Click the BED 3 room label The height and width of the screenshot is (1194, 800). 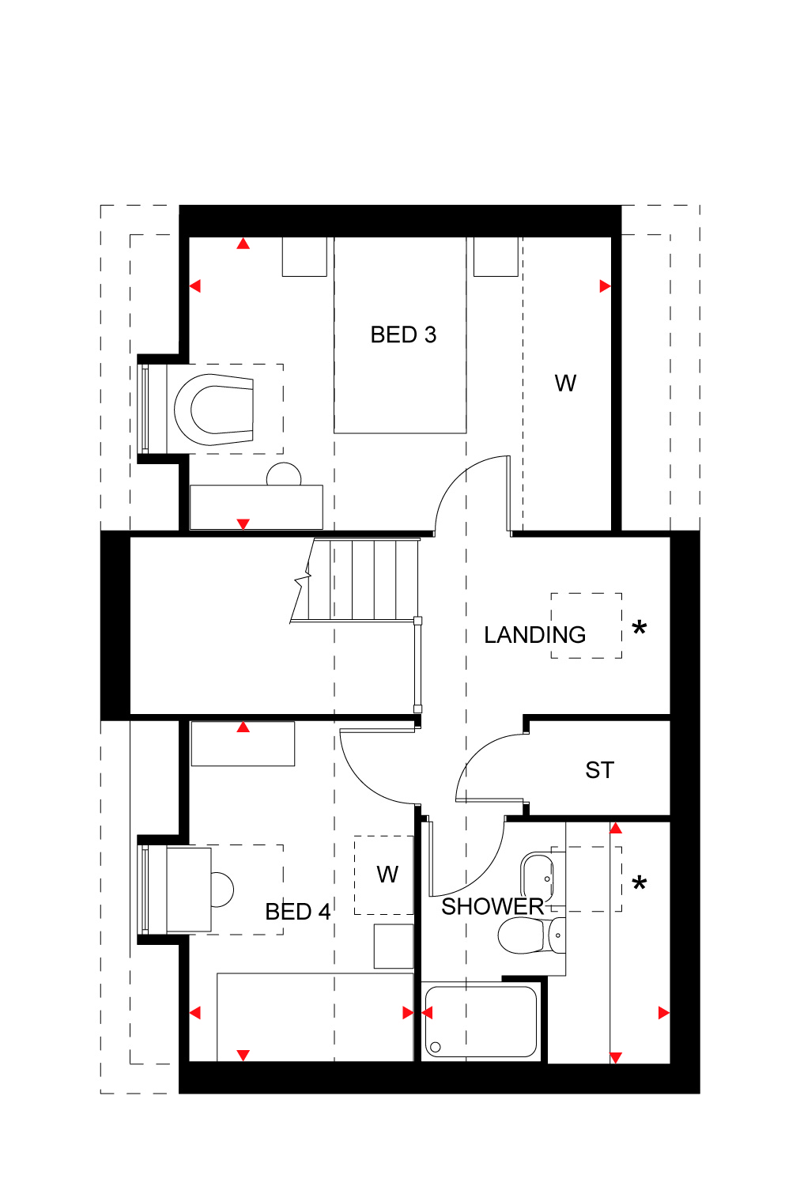pos(403,334)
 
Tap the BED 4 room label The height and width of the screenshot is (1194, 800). pos(298,912)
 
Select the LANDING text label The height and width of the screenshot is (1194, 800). pos(534,635)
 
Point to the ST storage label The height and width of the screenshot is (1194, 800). pos(599,770)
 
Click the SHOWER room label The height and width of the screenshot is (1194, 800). pos(492,907)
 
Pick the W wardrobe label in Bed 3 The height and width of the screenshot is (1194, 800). pos(565,384)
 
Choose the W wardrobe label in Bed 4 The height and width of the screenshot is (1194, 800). pos(387,875)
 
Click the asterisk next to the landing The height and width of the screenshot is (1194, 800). pos(639,627)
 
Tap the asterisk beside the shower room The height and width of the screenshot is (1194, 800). pos(639,883)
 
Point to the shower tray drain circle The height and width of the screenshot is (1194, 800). pos(436,1048)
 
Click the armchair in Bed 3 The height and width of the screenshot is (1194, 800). pos(213,410)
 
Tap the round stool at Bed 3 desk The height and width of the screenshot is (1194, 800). pos(284,474)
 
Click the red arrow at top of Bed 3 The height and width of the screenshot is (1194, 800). pos(243,244)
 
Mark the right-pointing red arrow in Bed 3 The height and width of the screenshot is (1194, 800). pos(605,286)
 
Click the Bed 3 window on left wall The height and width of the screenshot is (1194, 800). pos(144,409)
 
